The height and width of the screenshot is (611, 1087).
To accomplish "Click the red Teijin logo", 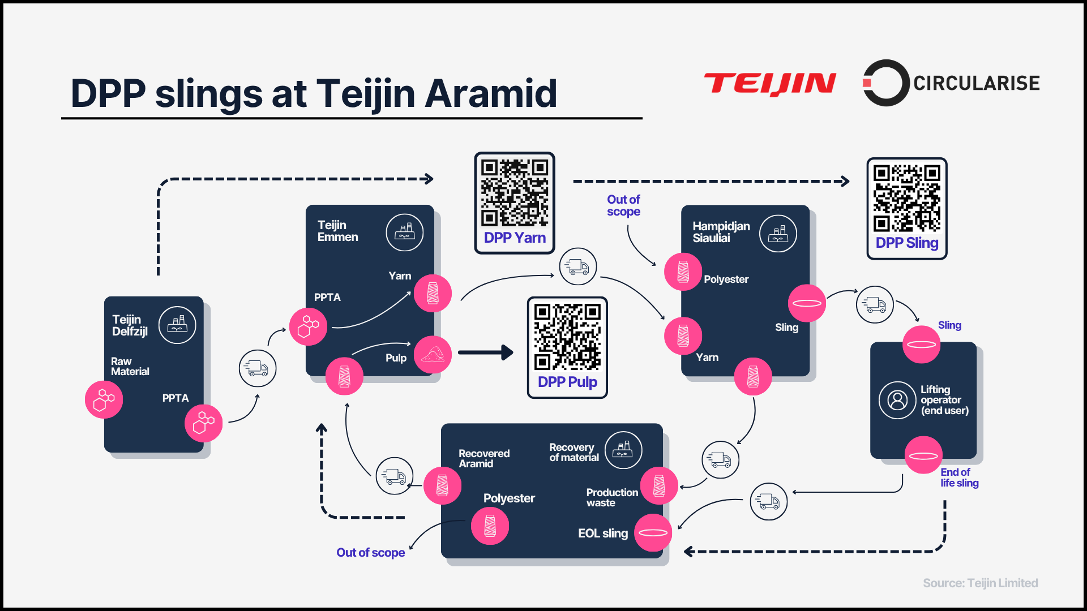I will tap(770, 84).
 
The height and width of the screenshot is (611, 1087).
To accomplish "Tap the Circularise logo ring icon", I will tap(884, 83).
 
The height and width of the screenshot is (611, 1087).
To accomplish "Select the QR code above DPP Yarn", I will tap(514, 192).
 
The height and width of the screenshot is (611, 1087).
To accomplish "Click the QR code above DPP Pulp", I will tap(567, 337).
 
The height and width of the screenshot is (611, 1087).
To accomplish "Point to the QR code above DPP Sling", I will tap(906, 198).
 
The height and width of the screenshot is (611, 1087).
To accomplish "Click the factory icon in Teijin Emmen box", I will tap(404, 232).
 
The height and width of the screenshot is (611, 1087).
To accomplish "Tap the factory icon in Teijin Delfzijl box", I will tap(177, 325).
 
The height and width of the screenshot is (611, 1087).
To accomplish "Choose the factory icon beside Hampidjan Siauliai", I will tap(778, 233).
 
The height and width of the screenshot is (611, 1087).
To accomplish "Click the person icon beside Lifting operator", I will tap(897, 400).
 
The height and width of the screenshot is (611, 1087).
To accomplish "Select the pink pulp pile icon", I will tap(433, 355).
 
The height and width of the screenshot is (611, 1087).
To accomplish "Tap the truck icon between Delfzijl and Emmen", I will tap(258, 368).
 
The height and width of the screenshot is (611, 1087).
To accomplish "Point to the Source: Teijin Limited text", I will tap(980, 583).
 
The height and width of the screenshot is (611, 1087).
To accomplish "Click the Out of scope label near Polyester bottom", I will tap(370, 552).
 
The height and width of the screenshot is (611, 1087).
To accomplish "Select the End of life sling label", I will tap(959, 477).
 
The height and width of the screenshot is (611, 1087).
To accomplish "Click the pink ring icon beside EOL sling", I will tap(653, 532).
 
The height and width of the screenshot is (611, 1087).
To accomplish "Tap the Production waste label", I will tap(612, 497).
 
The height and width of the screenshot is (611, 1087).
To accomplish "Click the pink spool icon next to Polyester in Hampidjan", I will tap(683, 272).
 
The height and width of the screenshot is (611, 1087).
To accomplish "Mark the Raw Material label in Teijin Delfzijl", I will tap(130, 366).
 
